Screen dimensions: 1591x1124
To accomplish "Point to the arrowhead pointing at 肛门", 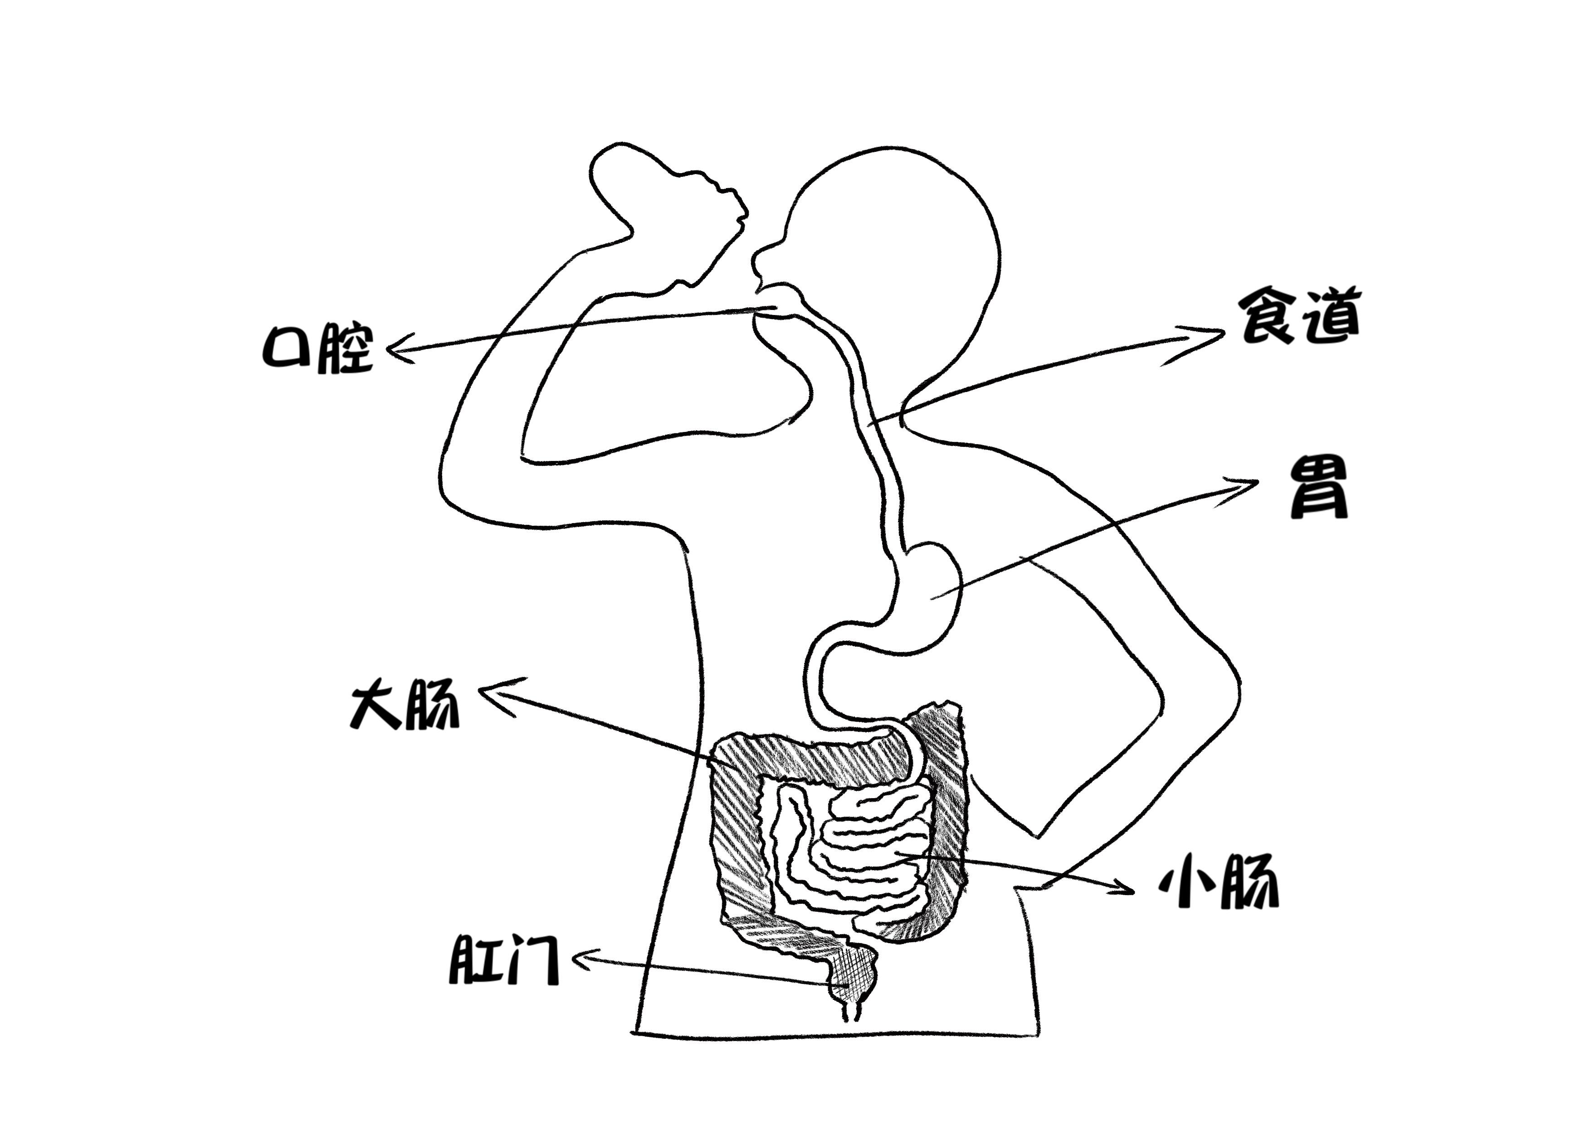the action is point(581,959).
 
